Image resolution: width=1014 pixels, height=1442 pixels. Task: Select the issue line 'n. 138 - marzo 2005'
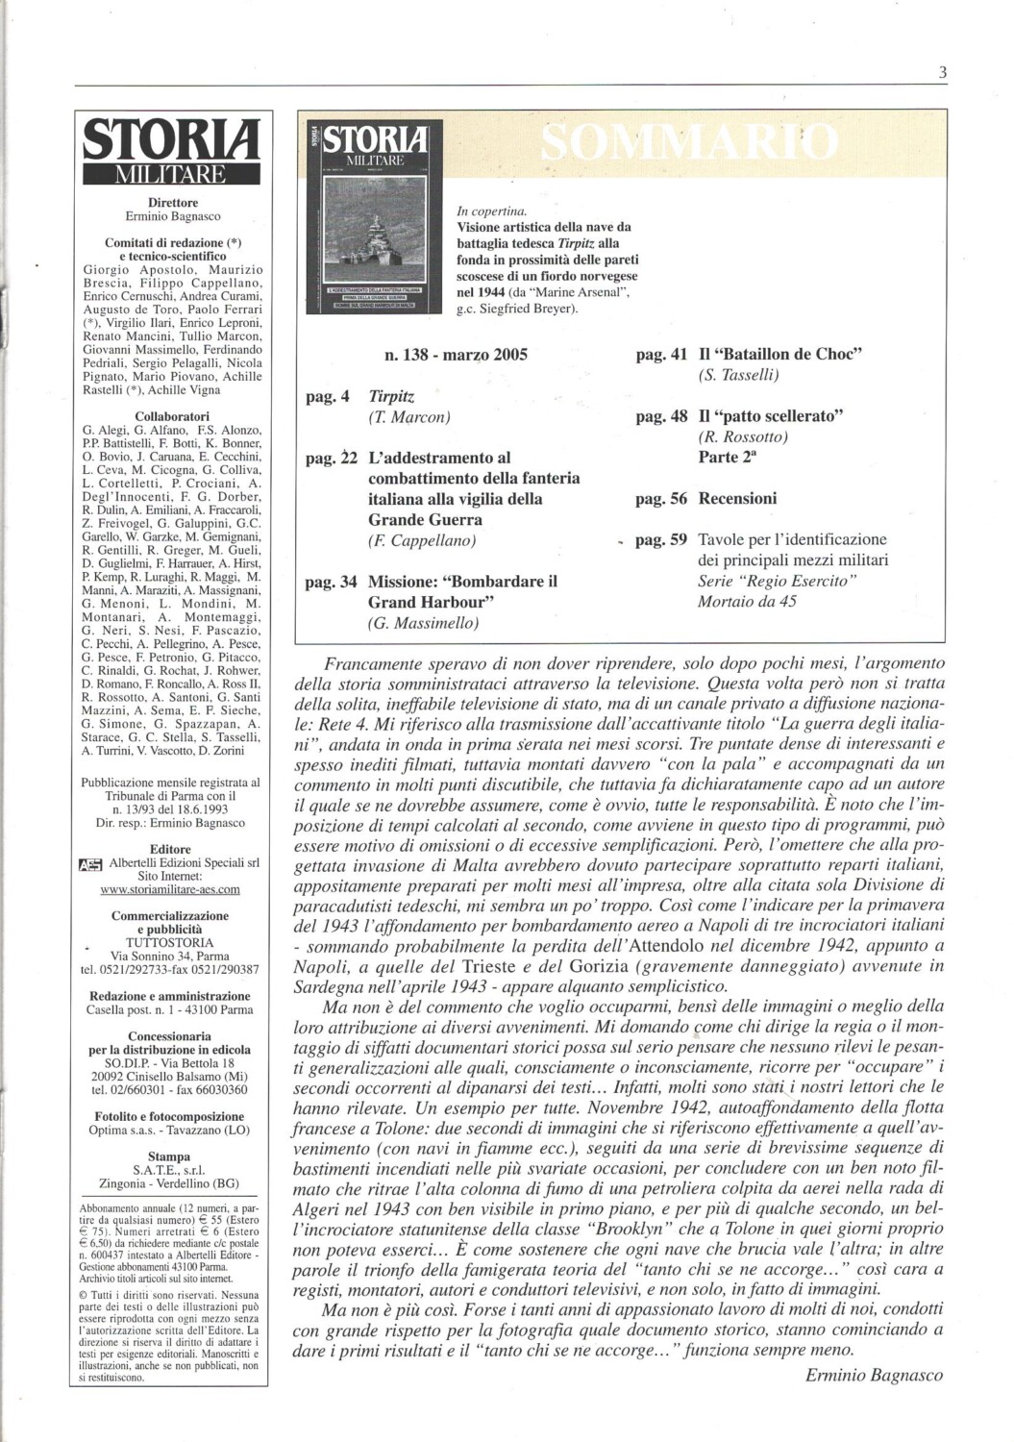click(456, 355)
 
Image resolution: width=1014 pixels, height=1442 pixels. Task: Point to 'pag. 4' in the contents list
click(328, 396)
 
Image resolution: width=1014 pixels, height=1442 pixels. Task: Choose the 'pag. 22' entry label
click(332, 459)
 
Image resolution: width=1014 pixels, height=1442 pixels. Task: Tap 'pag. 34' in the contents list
click(332, 582)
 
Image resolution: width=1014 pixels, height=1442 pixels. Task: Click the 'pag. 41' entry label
click(662, 354)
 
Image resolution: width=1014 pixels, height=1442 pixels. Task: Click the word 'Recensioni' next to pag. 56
click(737, 499)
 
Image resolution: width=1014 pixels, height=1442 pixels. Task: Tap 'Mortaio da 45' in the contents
click(747, 602)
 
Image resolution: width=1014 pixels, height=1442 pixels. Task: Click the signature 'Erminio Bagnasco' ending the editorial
click(875, 1375)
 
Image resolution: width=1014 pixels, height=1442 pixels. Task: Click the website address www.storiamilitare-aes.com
click(170, 890)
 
